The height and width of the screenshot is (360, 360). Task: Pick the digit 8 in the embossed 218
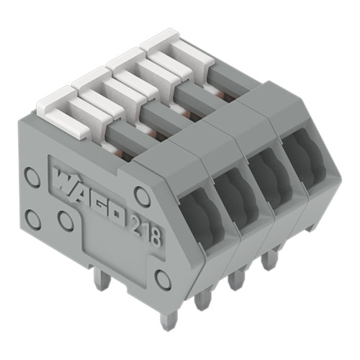(156, 236)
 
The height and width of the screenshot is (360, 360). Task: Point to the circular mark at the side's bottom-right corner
(163, 279)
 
